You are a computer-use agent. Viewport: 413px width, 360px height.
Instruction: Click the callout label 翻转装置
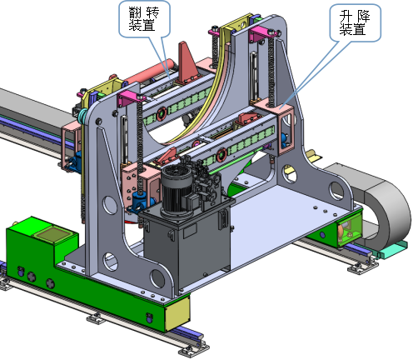pos(144,19)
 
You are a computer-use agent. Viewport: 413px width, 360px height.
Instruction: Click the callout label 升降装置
pos(355,22)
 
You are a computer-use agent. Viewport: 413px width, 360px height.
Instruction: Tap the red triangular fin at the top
pos(187,62)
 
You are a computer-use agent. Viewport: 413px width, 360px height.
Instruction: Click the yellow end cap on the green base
pos(177,312)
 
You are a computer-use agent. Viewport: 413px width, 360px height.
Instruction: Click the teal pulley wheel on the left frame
pos(82,116)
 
